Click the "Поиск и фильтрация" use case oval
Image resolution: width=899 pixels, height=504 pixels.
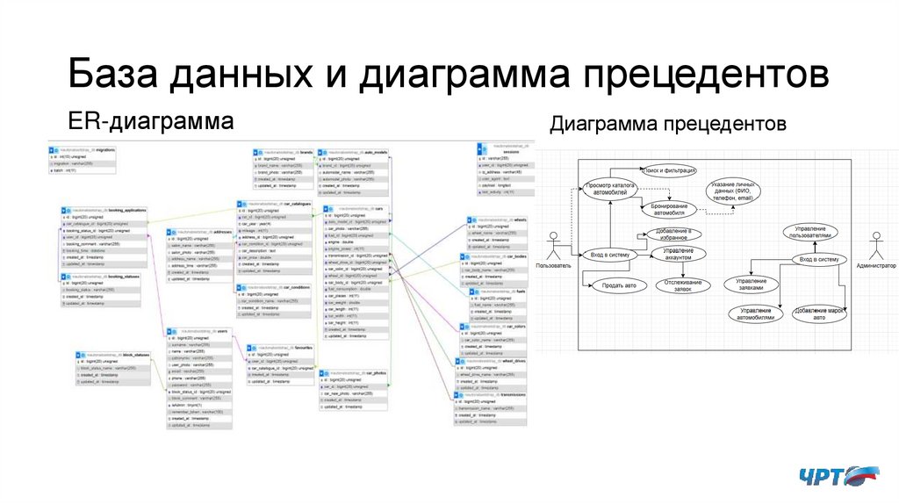(669, 169)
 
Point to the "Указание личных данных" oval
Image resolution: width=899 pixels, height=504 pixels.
(730, 191)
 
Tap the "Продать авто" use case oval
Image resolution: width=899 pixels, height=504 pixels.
(617, 285)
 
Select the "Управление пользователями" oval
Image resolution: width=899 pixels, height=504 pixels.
(810, 231)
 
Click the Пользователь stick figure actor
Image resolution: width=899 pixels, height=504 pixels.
(553, 245)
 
